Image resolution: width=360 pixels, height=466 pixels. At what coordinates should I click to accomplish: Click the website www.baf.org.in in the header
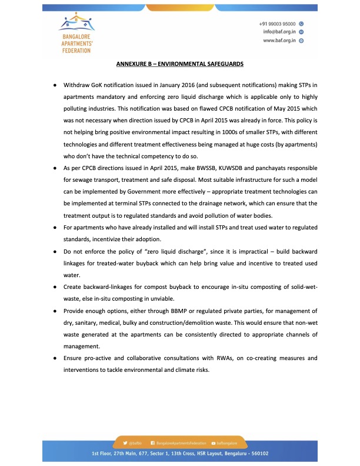279,41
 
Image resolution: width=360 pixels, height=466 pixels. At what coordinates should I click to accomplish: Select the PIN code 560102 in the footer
258,454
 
